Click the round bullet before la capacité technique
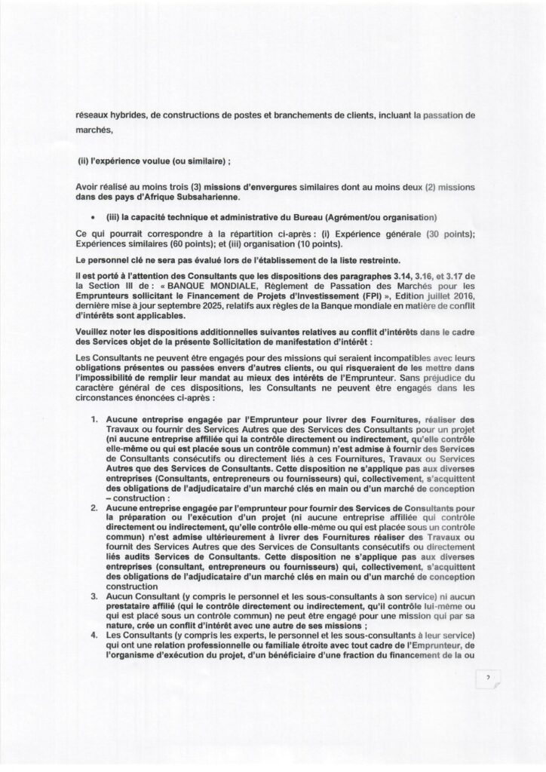pos(91,217)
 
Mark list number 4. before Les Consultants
pos(95,636)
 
